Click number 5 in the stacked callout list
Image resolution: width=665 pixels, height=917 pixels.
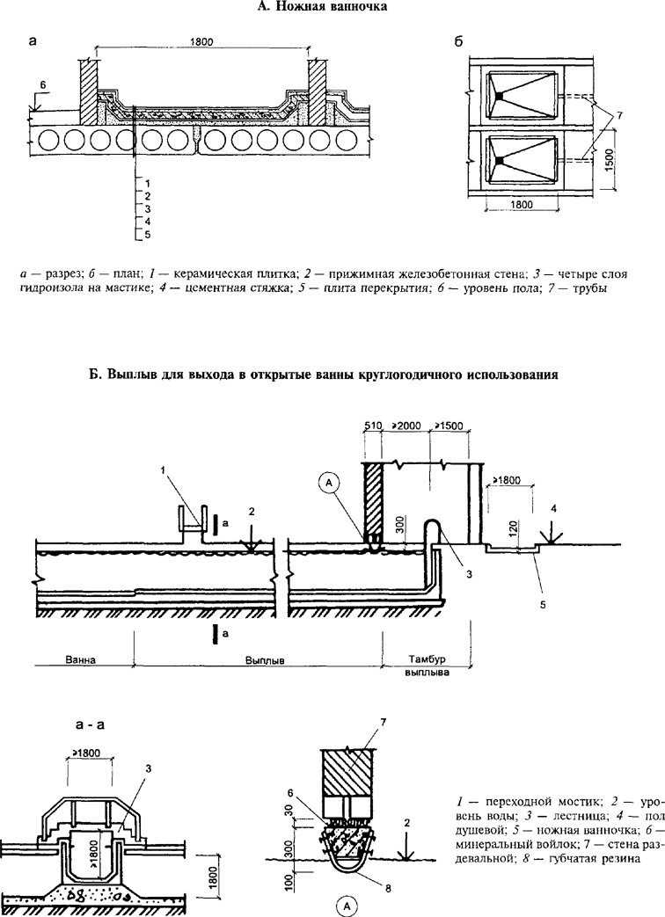[x=148, y=236]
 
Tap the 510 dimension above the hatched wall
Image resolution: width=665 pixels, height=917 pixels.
[x=373, y=426]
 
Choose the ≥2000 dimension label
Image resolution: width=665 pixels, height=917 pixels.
[x=406, y=426]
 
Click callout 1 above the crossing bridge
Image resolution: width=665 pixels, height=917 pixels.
[x=164, y=472]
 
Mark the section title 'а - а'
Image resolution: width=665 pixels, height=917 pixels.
[x=94, y=726]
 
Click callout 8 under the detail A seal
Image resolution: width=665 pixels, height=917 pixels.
[x=388, y=889]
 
